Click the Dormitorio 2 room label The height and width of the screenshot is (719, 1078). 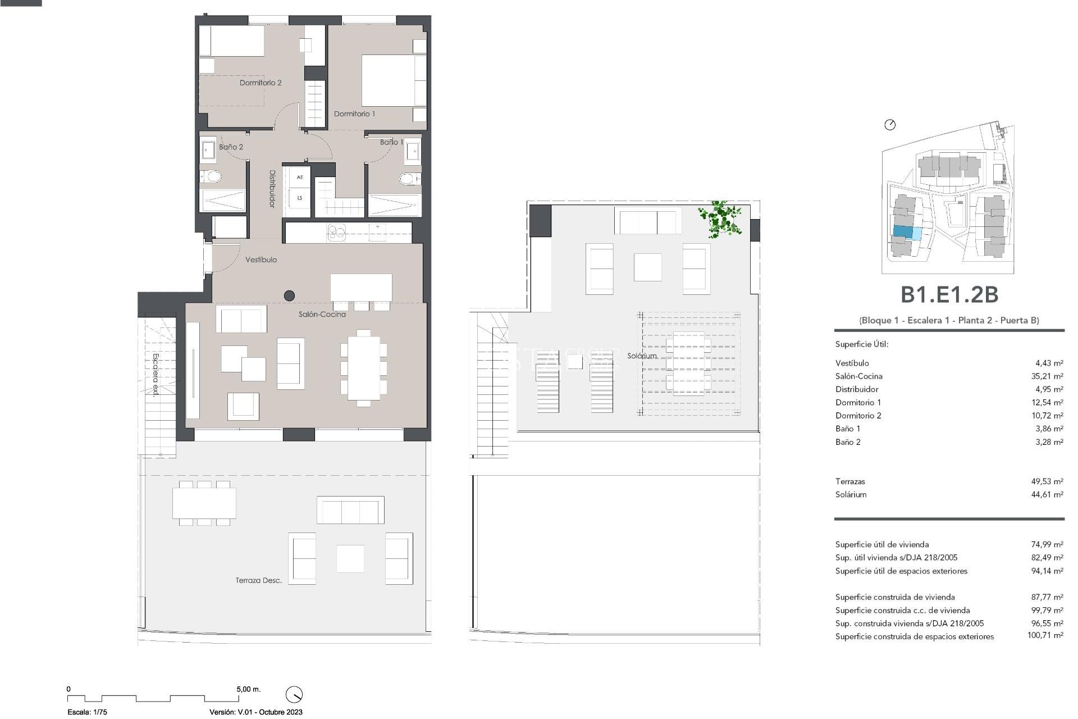click(x=261, y=83)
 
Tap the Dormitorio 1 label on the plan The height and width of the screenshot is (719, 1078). click(x=354, y=114)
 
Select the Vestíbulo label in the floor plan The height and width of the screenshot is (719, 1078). click(x=261, y=260)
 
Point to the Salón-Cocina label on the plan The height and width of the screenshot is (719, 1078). click(x=322, y=315)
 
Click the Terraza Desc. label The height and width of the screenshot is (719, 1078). click(x=258, y=580)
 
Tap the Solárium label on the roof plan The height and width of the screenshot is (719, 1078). click(x=642, y=356)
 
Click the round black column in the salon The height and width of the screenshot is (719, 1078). click(x=290, y=295)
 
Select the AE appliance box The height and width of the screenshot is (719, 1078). click(x=300, y=178)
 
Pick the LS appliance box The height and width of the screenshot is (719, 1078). click(x=300, y=198)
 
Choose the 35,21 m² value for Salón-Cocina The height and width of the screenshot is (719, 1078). click(x=1047, y=376)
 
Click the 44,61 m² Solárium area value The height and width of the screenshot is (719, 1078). click(x=1047, y=495)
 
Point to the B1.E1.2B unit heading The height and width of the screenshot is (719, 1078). click(x=949, y=295)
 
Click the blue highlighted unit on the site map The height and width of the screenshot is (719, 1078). click(x=903, y=231)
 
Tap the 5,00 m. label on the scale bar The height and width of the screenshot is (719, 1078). click(x=248, y=689)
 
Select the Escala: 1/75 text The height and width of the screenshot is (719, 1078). click(x=87, y=712)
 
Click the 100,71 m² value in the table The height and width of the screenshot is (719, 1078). click(x=1045, y=636)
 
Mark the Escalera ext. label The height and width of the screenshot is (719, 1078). click(x=156, y=375)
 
